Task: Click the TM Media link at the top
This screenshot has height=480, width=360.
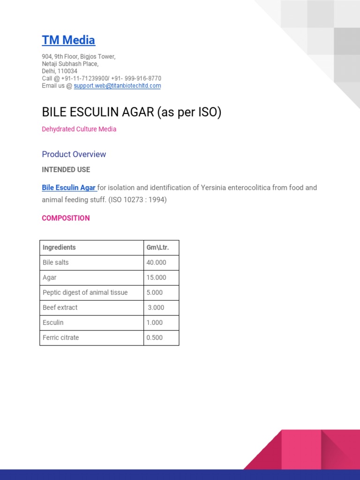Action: (x=68, y=40)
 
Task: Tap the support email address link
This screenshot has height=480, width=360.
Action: (x=117, y=86)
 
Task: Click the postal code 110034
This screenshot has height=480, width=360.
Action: (x=68, y=71)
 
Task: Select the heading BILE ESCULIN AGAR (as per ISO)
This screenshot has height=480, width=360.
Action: (x=131, y=112)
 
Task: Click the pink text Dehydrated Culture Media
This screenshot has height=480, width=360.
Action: (x=79, y=129)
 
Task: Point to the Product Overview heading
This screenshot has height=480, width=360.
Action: (x=74, y=154)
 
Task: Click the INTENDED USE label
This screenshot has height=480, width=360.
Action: (x=66, y=169)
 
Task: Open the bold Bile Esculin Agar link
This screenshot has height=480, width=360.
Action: (x=69, y=187)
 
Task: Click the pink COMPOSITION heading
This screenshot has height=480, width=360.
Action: (x=66, y=218)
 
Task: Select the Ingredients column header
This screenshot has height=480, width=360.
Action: (x=59, y=247)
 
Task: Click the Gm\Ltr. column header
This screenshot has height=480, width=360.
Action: (x=157, y=247)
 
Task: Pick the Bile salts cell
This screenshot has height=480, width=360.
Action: (x=55, y=262)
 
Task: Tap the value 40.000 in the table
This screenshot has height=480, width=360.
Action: (x=156, y=262)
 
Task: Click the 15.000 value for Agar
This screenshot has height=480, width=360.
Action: (x=156, y=277)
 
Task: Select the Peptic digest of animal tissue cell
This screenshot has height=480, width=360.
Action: (x=85, y=292)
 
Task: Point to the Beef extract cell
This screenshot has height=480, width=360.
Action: (x=60, y=307)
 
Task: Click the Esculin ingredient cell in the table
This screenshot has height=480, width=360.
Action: (x=53, y=322)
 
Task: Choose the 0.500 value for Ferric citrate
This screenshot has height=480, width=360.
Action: (x=155, y=337)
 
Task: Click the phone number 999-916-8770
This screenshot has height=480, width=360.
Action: (x=143, y=79)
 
